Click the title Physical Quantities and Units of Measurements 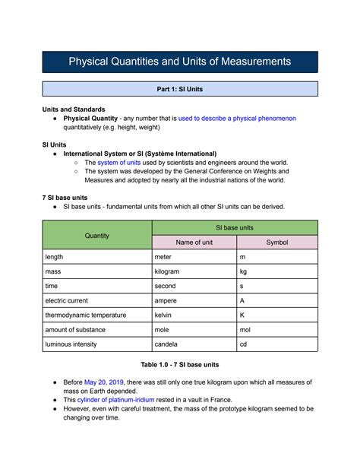[179, 61]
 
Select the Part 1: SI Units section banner [179, 89]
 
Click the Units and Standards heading [74, 109]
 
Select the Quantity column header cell [96, 235]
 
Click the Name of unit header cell [194, 243]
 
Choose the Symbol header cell [276, 243]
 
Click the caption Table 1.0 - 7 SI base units [179, 365]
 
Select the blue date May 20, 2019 [105, 382]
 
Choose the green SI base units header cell [235, 227]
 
